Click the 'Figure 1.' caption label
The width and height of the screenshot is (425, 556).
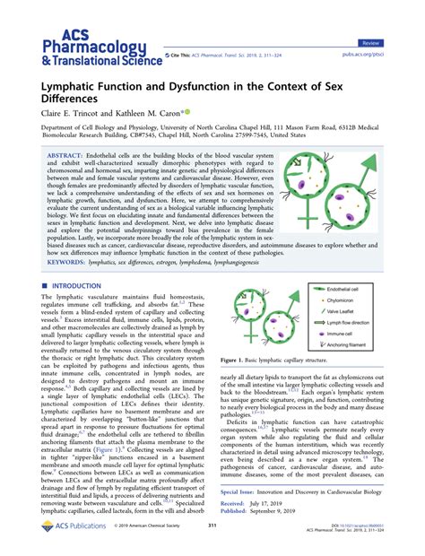(237, 382)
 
